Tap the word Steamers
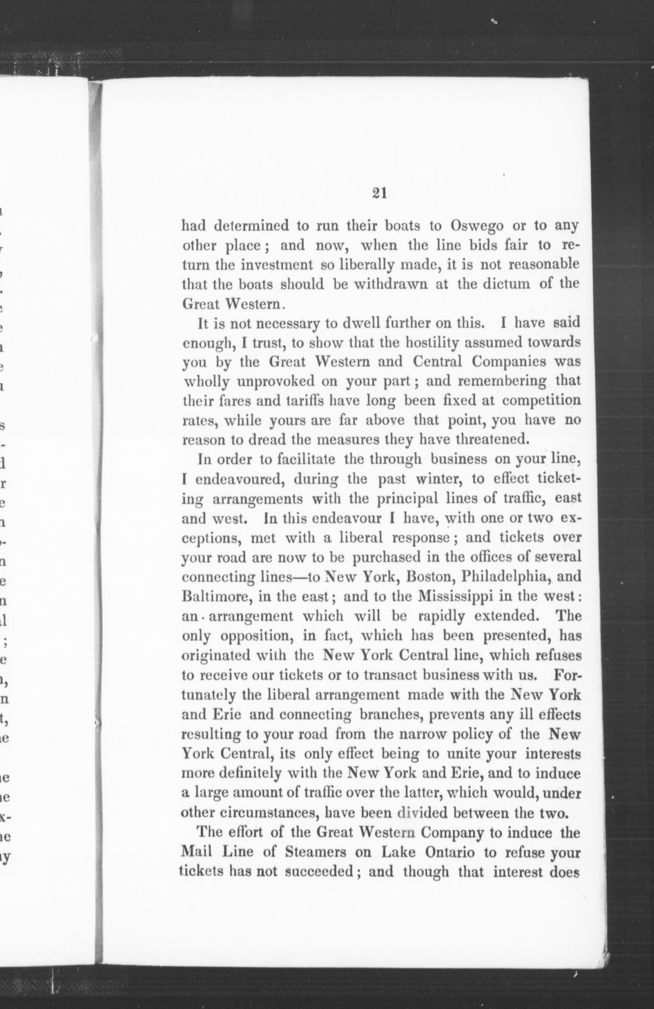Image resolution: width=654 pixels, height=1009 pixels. [317, 852]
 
